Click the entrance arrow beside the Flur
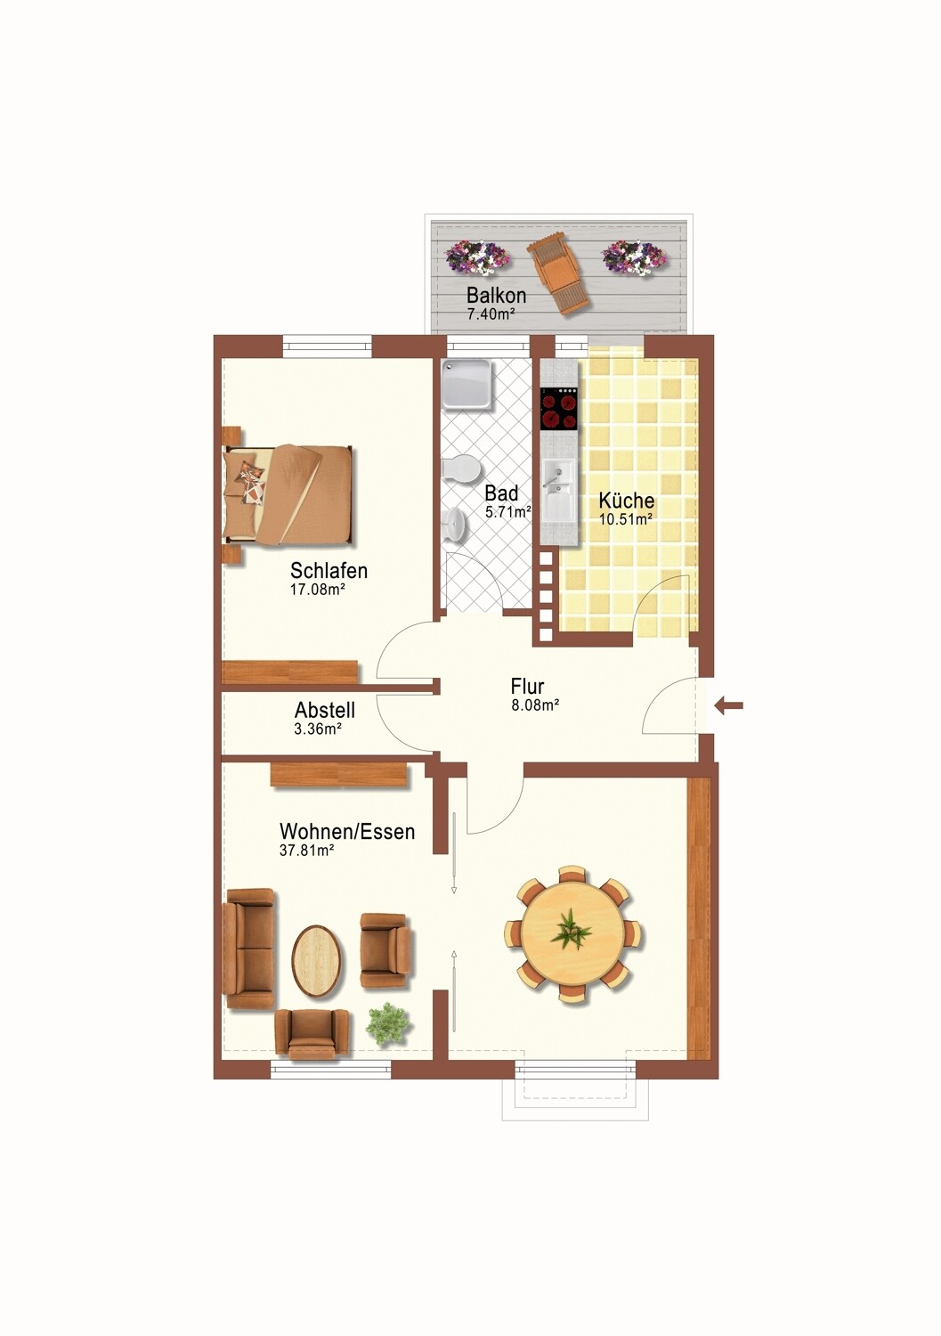pyautogui.click(x=729, y=706)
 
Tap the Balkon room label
pyautogui.click(x=496, y=295)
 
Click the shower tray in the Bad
pyautogui.click(x=466, y=385)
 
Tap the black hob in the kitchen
pyautogui.click(x=559, y=409)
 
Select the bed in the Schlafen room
pyautogui.click(x=288, y=495)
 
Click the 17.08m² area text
pyautogui.click(x=317, y=590)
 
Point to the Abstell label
pyautogui.click(x=325, y=710)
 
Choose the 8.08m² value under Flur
pyautogui.click(x=535, y=705)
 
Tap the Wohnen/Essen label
pyautogui.click(x=347, y=831)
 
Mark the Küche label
pyautogui.click(x=627, y=501)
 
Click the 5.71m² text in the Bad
pyautogui.click(x=508, y=512)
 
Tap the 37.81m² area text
pyautogui.click(x=306, y=850)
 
